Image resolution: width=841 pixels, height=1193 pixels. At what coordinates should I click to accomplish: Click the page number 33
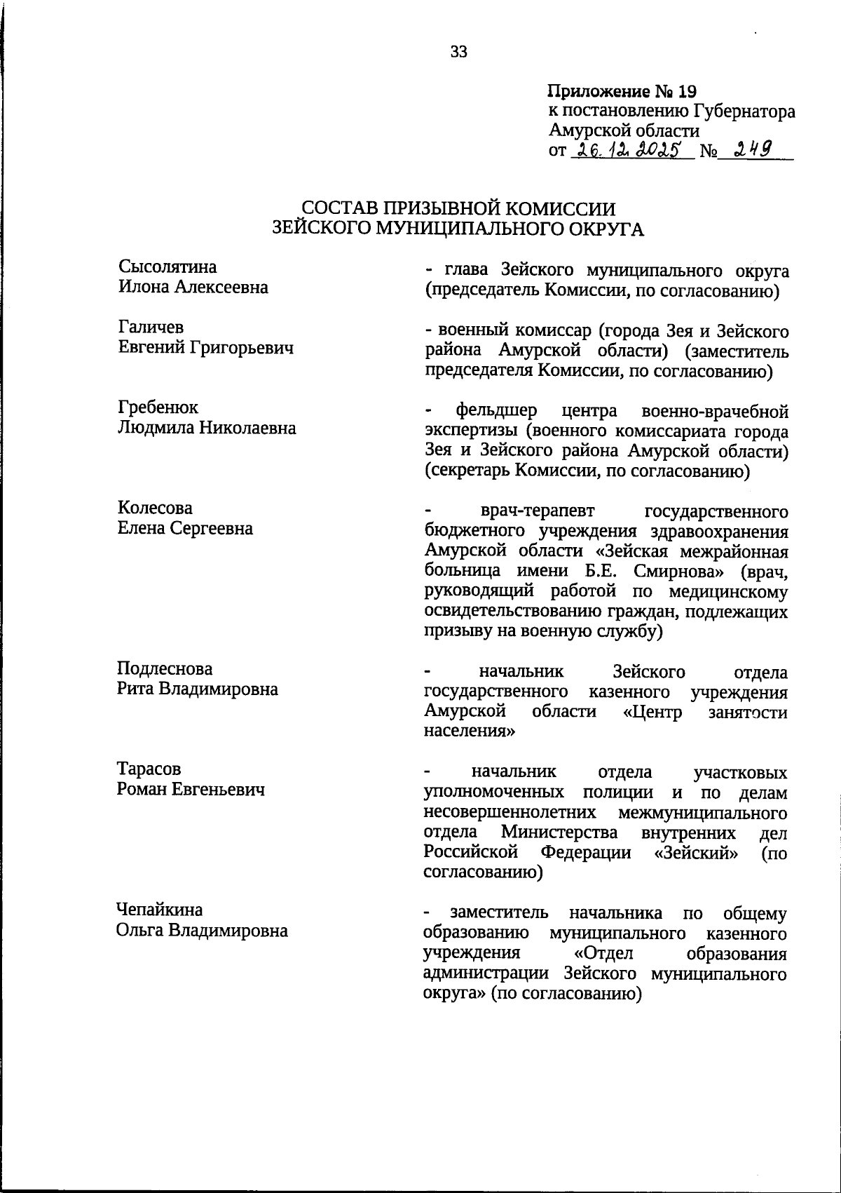pyautogui.click(x=459, y=51)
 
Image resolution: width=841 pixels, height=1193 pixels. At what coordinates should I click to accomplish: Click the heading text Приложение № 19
pyautogui.click(x=622, y=92)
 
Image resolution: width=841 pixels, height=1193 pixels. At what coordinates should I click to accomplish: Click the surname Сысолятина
pyautogui.click(x=167, y=267)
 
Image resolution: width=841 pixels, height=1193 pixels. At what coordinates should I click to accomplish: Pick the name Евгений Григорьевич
pyautogui.click(x=205, y=347)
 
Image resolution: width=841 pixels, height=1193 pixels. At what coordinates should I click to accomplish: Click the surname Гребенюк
pyautogui.click(x=158, y=407)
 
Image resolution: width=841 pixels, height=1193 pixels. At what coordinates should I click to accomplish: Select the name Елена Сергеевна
pyautogui.click(x=185, y=528)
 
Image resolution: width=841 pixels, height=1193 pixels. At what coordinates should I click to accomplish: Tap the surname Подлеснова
pyautogui.click(x=165, y=668)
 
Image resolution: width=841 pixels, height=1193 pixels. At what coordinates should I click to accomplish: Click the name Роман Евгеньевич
pyautogui.click(x=191, y=790)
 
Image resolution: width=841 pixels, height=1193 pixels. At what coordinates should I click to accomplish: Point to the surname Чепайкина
pyautogui.click(x=160, y=910)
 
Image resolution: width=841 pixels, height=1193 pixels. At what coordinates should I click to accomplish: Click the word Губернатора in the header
pyautogui.click(x=744, y=112)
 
